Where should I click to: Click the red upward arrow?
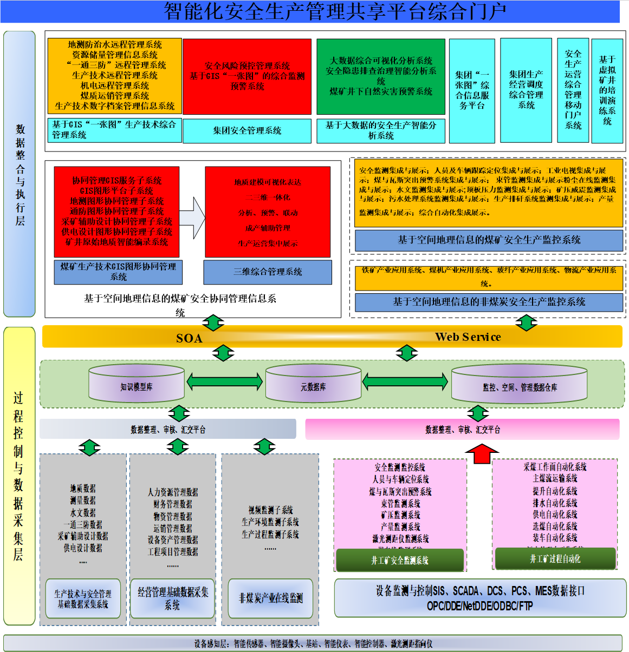coord(482,453)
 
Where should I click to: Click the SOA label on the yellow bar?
coord(189,338)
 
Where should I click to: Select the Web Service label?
coord(468,337)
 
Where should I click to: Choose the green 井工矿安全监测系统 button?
coord(400,560)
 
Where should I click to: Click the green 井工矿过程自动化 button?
coord(555,558)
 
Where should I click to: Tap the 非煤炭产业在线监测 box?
coord(270,598)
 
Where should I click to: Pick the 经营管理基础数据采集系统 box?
coord(173,598)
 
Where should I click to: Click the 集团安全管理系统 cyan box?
coord(247,130)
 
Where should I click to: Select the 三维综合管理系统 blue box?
coord(268,272)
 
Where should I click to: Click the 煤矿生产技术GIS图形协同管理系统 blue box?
coord(118,272)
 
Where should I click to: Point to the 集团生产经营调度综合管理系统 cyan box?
coord(526,90)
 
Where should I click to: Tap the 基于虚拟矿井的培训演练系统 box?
coord(607,90)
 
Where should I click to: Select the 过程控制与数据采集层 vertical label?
coord(18,476)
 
